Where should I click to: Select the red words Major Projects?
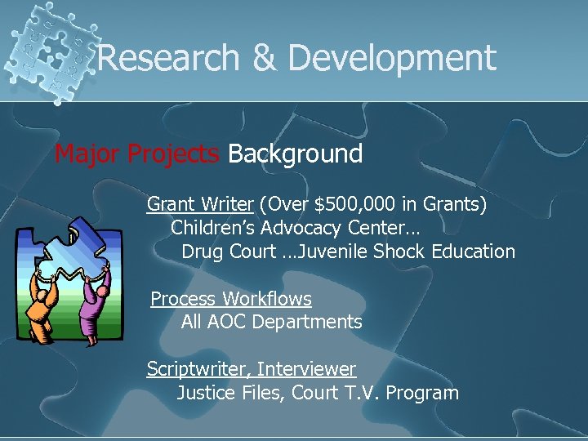(x=136, y=154)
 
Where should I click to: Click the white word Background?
(x=295, y=154)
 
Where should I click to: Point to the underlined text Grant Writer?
(x=199, y=204)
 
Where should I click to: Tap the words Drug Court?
(x=229, y=252)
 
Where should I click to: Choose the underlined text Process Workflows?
(x=231, y=299)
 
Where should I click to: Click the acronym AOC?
(x=227, y=322)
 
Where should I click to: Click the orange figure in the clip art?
(x=40, y=306)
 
